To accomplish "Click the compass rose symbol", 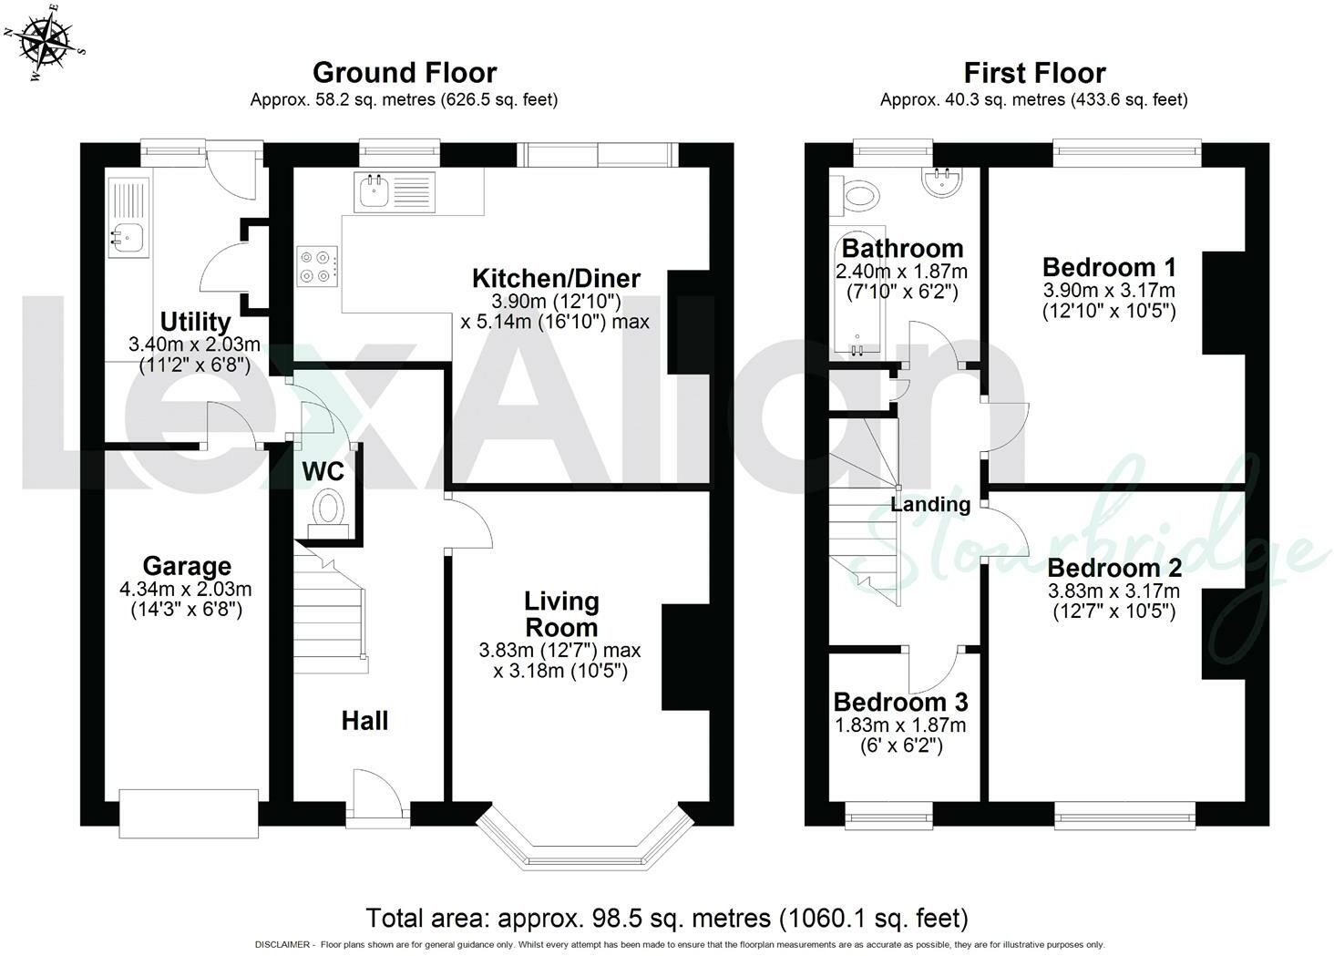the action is pos(45,43).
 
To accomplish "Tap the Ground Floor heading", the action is pos(405,73).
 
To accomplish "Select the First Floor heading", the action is pos(1034,73).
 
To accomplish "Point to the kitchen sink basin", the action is pos(374,191).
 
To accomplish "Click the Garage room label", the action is pos(187,566).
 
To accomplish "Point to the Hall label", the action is pos(364,721).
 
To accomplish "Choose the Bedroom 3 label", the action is pos(900,703).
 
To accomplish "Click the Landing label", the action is pos(930,505).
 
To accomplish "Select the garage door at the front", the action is pos(189,814).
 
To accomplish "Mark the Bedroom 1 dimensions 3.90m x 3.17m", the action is pos(1109,291).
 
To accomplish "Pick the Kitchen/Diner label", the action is pos(556,279).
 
